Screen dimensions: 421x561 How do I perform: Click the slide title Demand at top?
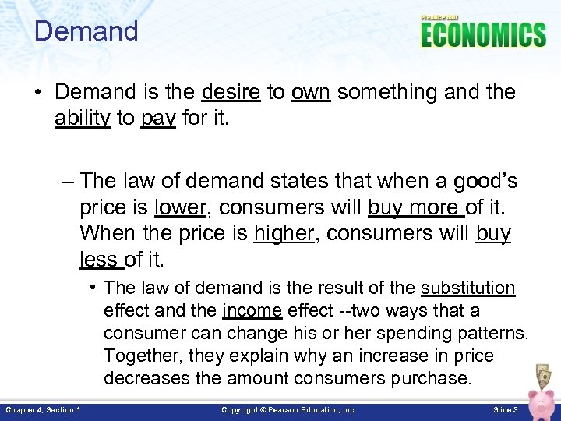86,31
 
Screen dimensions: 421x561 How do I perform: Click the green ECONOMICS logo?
483,35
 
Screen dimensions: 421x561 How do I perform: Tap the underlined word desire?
231,93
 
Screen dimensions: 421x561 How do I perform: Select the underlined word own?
311,93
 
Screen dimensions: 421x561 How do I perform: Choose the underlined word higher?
283,233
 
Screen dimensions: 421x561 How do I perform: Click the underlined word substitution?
467,288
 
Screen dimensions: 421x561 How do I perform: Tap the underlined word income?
252,311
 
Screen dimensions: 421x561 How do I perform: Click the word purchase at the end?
432,380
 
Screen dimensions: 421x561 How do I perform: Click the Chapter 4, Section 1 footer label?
44,409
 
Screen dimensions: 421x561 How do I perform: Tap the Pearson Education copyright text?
288,409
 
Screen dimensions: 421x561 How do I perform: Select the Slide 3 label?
506,409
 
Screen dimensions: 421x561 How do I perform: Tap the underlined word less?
98,258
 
